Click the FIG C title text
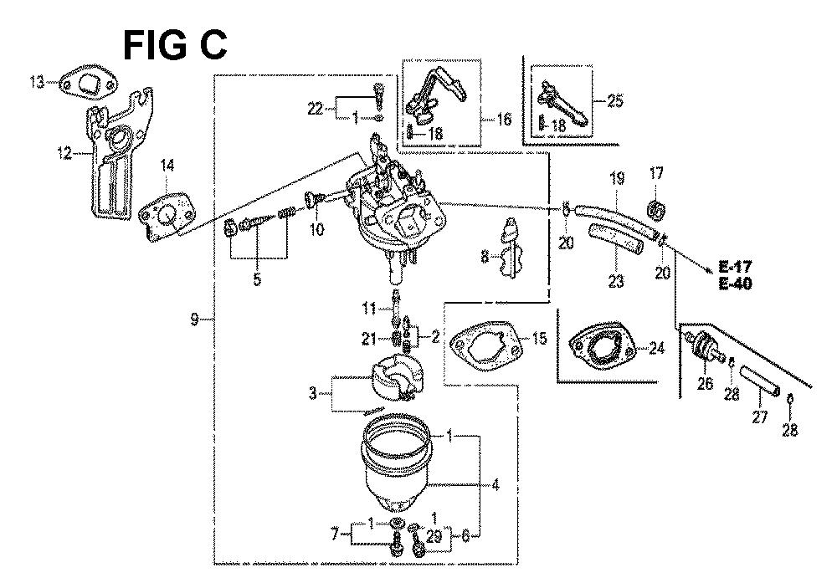point(175,46)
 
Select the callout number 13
point(38,83)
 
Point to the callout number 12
point(65,154)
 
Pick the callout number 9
point(194,319)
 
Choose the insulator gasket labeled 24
point(602,348)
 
